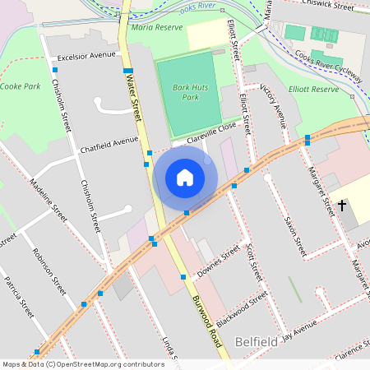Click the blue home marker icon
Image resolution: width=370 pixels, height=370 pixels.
(185, 177)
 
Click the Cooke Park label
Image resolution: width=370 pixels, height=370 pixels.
(20, 86)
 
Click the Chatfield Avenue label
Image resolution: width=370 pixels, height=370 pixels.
(109, 146)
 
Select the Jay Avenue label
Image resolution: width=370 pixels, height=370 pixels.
(298, 329)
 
